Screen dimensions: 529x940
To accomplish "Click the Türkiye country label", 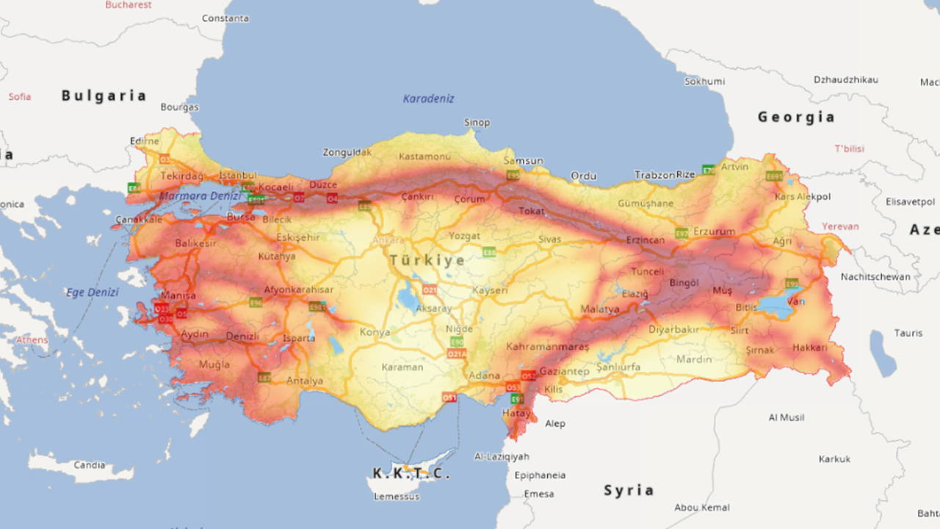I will [x=427, y=260].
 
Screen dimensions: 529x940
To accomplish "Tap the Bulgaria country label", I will [x=104, y=96].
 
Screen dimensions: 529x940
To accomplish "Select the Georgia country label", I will [x=796, y=117].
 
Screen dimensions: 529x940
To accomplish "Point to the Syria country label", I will [x=629, y=490].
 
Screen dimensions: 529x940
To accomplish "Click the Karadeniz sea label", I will [x=428, y=98].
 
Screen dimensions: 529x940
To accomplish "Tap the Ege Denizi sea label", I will [x=92, y=292].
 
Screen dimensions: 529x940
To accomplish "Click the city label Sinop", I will [x=477, y=122].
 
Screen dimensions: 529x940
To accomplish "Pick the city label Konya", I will [x=375, y=332].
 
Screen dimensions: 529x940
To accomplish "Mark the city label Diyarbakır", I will [x=673, y=330].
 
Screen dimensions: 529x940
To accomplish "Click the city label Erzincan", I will [x=645, y=240].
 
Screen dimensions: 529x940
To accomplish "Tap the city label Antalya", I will [x=305, y=381].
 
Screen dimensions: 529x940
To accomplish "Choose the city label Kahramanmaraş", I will [x=547, y=346].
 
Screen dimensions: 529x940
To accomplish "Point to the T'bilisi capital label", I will [x=849, y=148].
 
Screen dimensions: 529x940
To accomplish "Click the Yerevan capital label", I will [x=840, y=226].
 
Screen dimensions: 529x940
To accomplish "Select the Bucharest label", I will [x=129, y=5].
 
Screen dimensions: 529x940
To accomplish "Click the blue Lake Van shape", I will [x=777, y=306].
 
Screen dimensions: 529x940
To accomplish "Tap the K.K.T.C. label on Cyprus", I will [x=411, y=474].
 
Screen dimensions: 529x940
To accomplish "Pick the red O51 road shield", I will [x=449, y=397].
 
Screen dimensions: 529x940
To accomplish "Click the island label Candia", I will [x=90, y=465].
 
